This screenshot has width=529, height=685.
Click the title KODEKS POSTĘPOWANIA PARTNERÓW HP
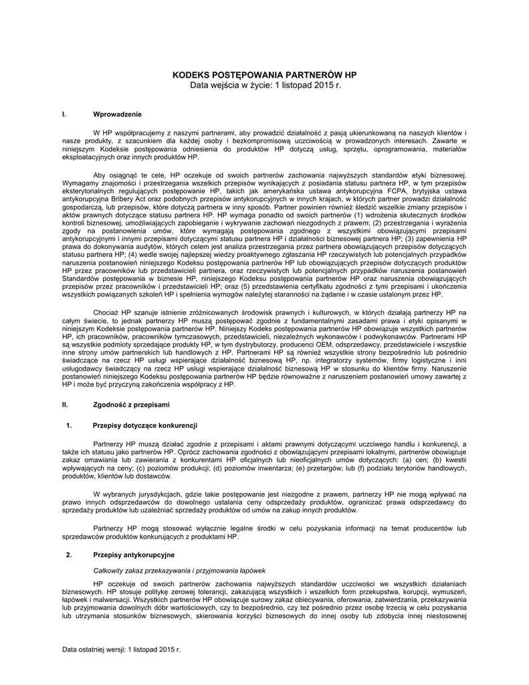265,75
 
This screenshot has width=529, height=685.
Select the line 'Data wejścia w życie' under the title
265,86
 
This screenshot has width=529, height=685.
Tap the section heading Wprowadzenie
117,114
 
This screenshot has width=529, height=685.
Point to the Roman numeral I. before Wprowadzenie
64,114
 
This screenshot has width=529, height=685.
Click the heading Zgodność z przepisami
131,405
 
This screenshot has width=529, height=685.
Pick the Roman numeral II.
65,405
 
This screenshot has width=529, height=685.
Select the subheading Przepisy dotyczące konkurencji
144,425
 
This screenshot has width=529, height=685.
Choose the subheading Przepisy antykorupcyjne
134,555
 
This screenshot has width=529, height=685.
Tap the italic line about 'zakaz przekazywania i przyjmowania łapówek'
180,570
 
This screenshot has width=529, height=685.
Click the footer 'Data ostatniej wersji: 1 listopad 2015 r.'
121,650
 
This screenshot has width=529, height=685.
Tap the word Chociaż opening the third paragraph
107,312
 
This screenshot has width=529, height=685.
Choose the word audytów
165,246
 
